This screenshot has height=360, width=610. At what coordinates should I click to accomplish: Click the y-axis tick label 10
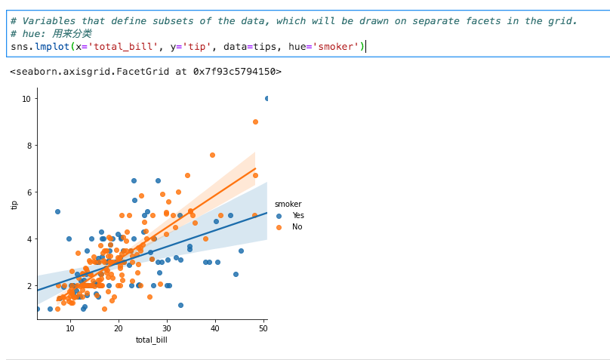[x=26, y=99]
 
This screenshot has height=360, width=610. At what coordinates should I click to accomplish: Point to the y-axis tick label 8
[x=28, y=146]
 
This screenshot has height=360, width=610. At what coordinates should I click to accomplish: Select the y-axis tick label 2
[x=28, y=286]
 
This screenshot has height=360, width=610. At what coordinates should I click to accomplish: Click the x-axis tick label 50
[x=263, y=328]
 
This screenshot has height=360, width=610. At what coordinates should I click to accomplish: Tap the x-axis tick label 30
[x=167, y=328]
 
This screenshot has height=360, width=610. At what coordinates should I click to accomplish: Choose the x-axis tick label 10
[x=70, y=328]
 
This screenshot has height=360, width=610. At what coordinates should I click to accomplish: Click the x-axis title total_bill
[x=152, y=340]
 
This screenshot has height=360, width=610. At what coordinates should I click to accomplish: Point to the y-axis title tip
[x=14, y=204]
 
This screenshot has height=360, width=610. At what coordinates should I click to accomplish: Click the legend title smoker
[x=288, y=204]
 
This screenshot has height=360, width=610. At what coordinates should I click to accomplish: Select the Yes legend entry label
[x=298, y=215]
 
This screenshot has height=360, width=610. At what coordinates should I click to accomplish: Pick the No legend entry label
[x=297, y=226]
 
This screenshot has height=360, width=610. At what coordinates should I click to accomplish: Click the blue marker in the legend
[x=279, y=215]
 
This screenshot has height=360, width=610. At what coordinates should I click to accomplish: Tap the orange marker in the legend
[x=279, y=226]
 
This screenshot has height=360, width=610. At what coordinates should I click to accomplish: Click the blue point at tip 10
[x=266, y=98]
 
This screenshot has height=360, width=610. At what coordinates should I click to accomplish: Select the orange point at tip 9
[x=255, y=122]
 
